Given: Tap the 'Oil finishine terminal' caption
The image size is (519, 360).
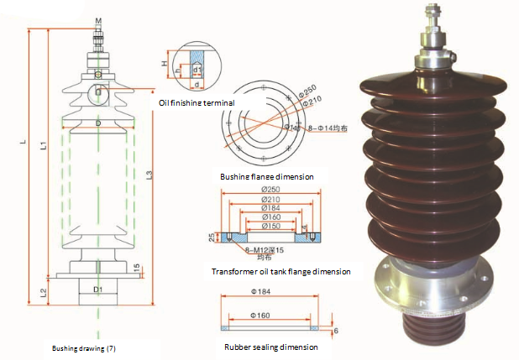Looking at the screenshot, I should click(x=197, y=102).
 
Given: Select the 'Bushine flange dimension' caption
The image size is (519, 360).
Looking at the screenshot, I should click(x=266, y=177).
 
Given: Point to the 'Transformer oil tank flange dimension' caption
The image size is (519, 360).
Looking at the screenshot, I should click(x=281, y=272).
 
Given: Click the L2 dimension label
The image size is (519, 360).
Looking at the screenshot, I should click(x=45, y=293).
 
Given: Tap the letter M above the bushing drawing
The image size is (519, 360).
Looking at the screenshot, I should click(x=98, y=19).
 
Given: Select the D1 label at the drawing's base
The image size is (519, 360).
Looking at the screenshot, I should click(x=98, y=290).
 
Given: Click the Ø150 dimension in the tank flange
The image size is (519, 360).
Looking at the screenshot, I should click(x=270, y=226).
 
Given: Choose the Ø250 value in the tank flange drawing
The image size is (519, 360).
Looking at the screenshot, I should click(x=270, y=189).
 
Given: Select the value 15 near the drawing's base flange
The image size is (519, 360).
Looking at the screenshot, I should click(x=136, y=267).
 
